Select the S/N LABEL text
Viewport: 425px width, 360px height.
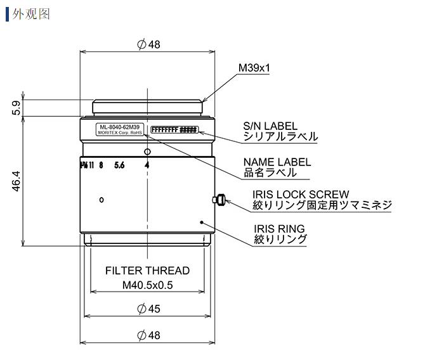271,126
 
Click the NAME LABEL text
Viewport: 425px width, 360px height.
274,162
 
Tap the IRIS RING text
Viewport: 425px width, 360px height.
279,228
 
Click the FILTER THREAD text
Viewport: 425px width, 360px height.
147,270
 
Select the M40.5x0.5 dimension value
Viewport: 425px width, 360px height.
147,285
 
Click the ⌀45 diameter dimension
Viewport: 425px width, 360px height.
148,309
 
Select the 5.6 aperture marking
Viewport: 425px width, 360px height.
119,165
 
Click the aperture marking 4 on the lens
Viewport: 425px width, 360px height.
147,165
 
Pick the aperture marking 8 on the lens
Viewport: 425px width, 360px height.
101,165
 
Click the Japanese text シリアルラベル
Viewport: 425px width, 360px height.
281,136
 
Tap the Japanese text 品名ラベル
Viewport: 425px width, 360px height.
270,172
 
